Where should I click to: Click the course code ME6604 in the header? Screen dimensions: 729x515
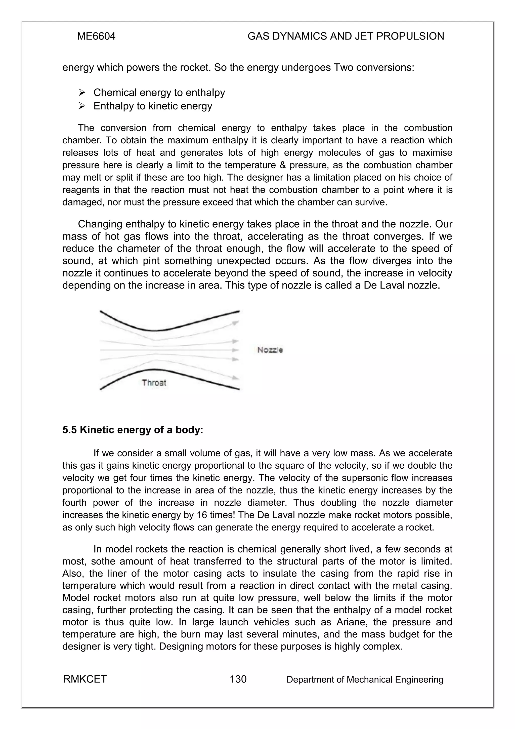[x=96, y=36]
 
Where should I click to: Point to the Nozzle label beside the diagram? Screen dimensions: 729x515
[x=270, y=350]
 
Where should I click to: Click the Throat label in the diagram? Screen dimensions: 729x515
[x=154, y=383]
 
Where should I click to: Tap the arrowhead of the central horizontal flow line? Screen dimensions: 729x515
[x=235, y=350]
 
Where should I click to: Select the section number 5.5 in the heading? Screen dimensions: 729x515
[x=70, y=430]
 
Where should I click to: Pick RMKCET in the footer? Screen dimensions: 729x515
[x=85, y=679]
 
